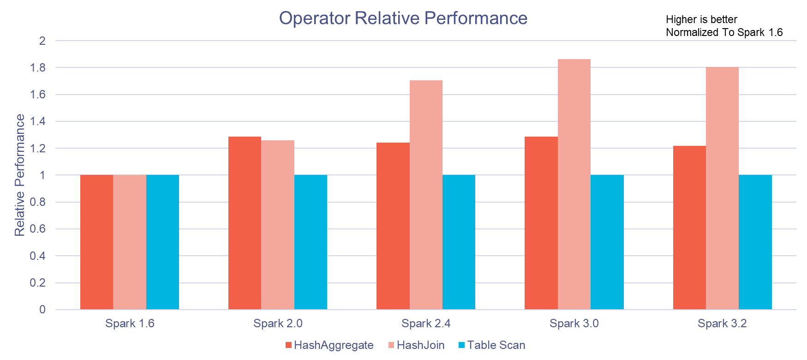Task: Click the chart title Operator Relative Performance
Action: tap(403, 18)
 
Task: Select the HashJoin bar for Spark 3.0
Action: tap(574, 185)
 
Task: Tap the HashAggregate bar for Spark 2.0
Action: tap(245, 223)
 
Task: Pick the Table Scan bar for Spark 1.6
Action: tap(162, 242)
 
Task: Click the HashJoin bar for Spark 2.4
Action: tap(426, 195)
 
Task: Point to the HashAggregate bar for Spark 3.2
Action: tap(689, 228)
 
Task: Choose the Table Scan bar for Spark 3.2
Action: tap(755, 242)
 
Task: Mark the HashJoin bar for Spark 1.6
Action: tap(130, 242)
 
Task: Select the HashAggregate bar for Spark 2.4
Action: tap(393, 226)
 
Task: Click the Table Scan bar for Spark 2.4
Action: tap(459, 242)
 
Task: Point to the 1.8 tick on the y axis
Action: tap(38, 68)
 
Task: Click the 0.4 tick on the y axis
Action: tap(38, 256)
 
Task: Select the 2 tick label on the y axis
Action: tap(42, 41)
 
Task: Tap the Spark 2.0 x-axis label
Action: tap(278, 324)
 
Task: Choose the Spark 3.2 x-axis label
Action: tap(722, 324)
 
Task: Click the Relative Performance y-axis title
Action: tap(20, 175)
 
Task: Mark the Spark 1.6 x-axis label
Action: tap(130, 324)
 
